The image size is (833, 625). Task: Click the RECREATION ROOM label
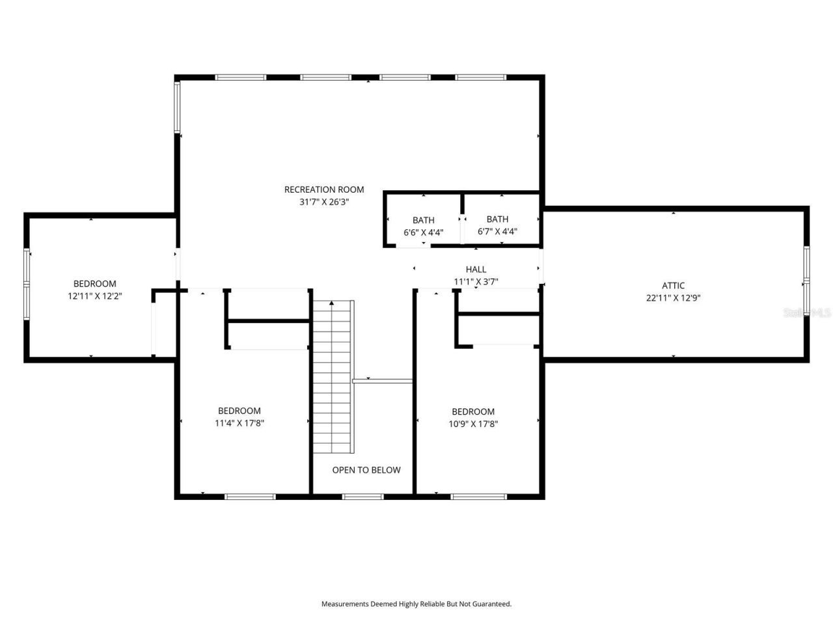pyautogui.click(x=324, y=189)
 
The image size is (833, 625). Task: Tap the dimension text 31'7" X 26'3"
pyautogui.click(x=324, y=202)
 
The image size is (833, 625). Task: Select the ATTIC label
pyautogui.click(x=673, y=285)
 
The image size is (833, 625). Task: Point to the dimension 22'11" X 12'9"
pyautogui.click(x=673, y=298)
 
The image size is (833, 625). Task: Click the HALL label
pyautogui.click(x=476, y=269)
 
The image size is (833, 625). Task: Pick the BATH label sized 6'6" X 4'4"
pyautogui.click(x=423, y=220)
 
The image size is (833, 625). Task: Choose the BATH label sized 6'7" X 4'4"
pyautogui.click(x=497, y=219)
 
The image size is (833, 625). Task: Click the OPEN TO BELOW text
pyautogui.click(x=366, y=470)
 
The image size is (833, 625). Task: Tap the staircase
pyautogui.click(x=333, y=378)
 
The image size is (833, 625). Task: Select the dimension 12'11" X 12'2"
pyautogui.click(x=95, y=296)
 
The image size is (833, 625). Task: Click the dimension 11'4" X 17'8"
pyautogui.click(x=239, y=423)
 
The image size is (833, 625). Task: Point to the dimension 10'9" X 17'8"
pyautogui.click(x=473, y=423)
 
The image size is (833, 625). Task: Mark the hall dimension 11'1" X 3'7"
pyautogui.click(x=476, y=281)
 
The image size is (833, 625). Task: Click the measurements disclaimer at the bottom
pyautogui.click(x=416, y=604)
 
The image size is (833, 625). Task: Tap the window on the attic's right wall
pyautogui.click(x=806, y=283)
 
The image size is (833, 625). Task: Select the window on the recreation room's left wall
pyautogui.click(x=177, y=107)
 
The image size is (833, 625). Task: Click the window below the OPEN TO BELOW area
pyautogui.click(x=362, y=497)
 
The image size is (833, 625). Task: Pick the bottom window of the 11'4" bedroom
pyautogui.click(x=250, y=497)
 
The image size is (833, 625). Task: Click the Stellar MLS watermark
pyautogui.click(x=807, y=312)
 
